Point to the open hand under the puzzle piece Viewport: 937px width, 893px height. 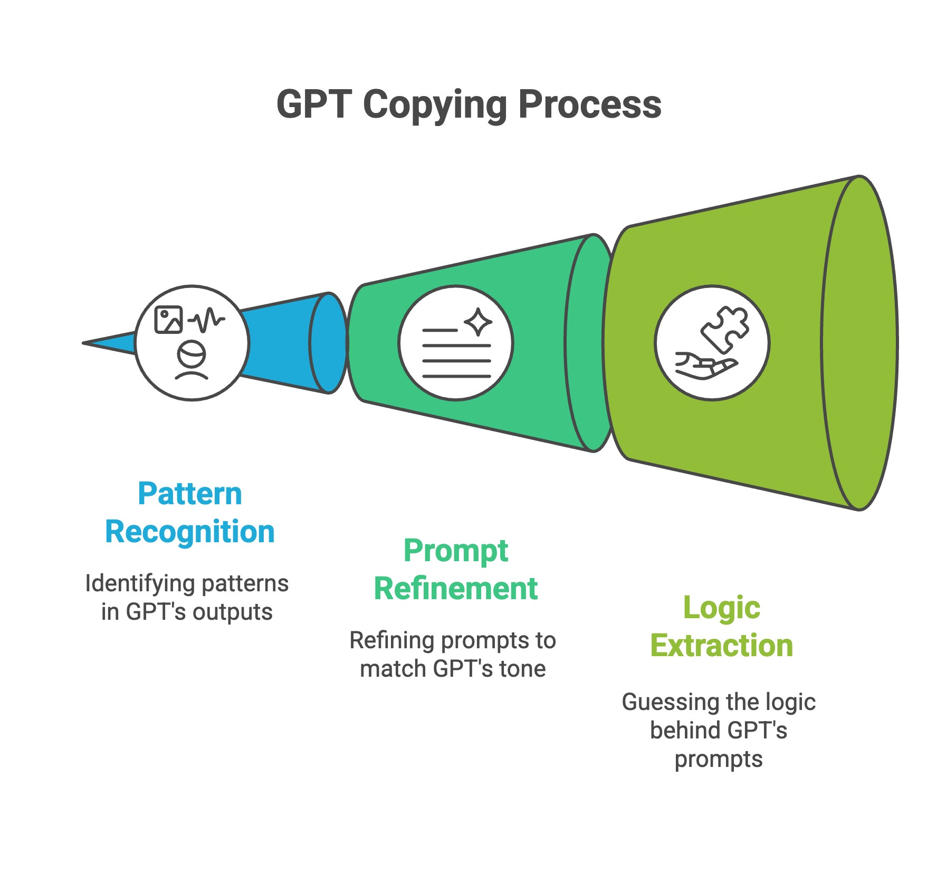point(705,366)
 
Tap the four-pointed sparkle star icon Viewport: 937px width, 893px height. point(478,322)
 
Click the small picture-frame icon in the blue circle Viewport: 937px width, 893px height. point(168,320)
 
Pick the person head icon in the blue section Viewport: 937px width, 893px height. point(191,360)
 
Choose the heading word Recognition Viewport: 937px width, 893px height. point(190,532)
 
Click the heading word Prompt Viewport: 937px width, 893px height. point(456,551)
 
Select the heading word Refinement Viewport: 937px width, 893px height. point(456,589)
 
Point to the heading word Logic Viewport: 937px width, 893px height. point(721,608)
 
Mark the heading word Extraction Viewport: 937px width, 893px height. point(721,646)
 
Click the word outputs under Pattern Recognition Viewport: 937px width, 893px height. point(232,612)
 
